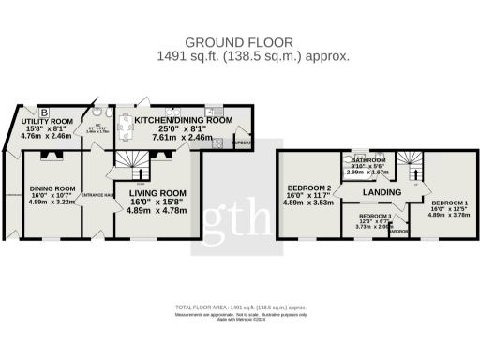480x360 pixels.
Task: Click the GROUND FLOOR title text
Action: click(240, 42)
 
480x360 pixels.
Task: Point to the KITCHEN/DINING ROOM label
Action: click(184, 121)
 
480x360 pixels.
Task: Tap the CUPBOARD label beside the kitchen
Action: click(242, 143)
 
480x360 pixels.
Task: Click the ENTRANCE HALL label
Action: click(97, 195)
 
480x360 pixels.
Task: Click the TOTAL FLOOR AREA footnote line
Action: click(240, 308)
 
